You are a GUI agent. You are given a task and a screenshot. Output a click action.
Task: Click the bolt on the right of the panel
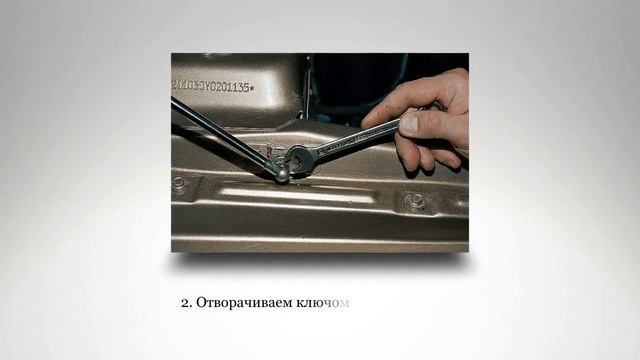pos(415,201)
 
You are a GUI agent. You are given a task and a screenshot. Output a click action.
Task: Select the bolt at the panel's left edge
pos(180,186)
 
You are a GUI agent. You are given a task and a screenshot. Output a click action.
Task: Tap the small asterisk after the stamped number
pos(252,88)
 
